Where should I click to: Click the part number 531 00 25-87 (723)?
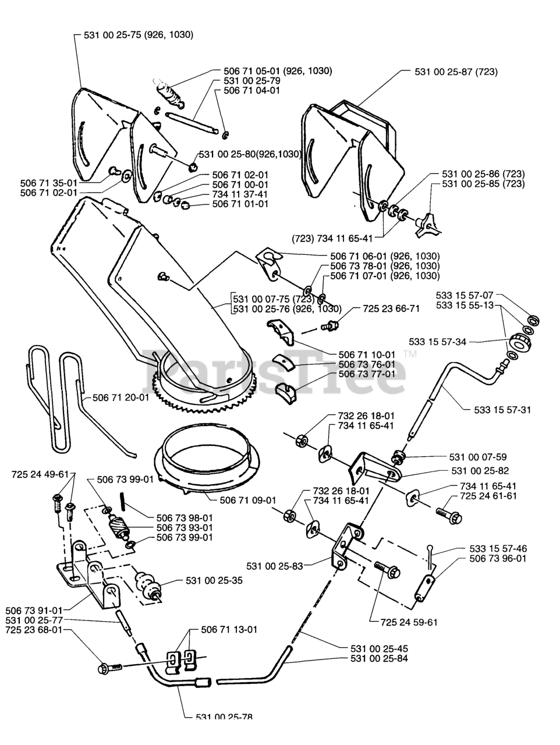[x=456, y=72]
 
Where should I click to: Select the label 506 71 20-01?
[x=121, y=397]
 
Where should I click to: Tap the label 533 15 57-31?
[x=502, y=410]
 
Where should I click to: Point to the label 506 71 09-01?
[x=248, y=501]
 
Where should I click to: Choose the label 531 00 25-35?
[x=214, y=580]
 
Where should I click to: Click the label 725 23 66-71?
[x=391, y=308]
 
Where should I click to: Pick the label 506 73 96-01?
[x=498, y=558]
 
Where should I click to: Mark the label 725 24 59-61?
[x=409, y=622]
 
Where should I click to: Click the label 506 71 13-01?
[x=229, y=630]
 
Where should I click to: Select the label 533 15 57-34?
[x=438, y=342]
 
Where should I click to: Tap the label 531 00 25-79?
[x=252, y=81]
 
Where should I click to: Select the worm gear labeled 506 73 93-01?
[x=119, y=527]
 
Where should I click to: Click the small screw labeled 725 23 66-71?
[x=329, y=326]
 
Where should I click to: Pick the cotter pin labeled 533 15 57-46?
[x=431, y=556]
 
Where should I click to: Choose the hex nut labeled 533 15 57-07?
[x=533, y=320]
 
